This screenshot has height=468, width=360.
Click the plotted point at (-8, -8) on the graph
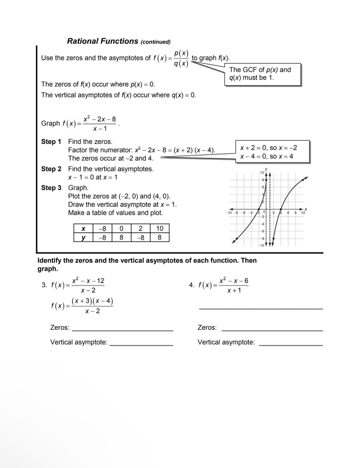[x=237, y=239]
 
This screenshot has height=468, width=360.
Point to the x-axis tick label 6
[x=288, y=213]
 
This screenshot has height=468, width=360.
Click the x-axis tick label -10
[x=229, y=213]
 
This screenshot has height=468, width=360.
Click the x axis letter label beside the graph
[x=306, y=209]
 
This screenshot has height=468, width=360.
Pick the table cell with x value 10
[x=160, y=228]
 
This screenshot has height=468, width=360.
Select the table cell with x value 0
[x=121, y=228]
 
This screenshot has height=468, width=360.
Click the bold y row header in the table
[x=83, y=237]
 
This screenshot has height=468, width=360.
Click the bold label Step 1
[x=51, y=142]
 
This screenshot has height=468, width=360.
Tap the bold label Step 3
[x=51, y=188]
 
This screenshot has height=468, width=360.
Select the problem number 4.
[x=191, y=285]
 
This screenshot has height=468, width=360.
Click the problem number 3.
[x=44, y=285]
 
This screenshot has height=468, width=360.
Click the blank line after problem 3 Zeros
[x=122, y=330]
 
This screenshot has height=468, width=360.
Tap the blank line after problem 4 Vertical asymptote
[x=291, y=344]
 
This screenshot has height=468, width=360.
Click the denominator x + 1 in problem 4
[x=234, y=290]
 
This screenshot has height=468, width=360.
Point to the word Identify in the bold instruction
[x=49, y=261]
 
